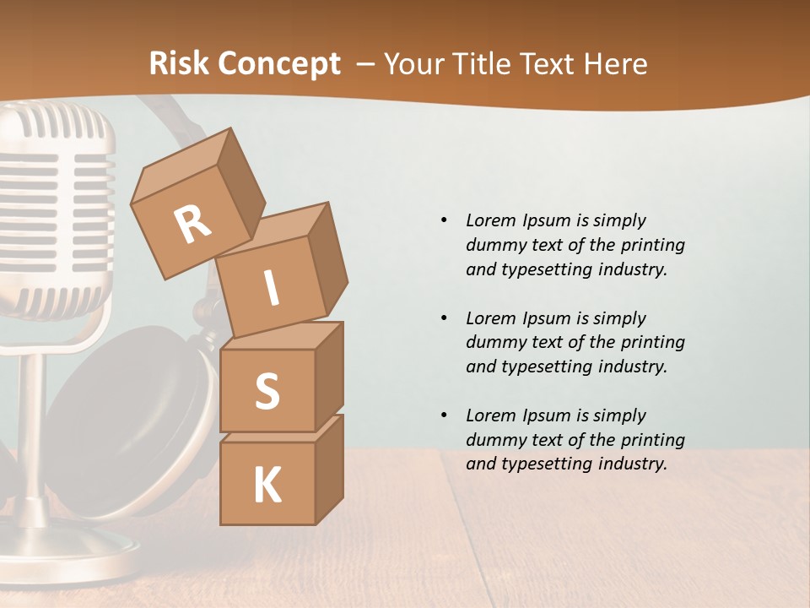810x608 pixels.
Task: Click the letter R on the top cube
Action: click(x=192, y=225)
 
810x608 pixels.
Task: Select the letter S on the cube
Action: click(x=267, y=392)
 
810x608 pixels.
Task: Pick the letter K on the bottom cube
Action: click(x=267, y=486)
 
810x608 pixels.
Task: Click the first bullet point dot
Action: click(x=444, y=220)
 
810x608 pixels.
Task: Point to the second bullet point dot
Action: click(x=444, y=318)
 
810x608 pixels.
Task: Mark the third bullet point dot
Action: click(x=444, y=415)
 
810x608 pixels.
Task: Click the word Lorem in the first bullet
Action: click(x=490, y=220)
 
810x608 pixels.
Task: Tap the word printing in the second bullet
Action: click(x=652, y=343)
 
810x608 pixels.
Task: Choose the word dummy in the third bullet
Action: click(x=492, y=440)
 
